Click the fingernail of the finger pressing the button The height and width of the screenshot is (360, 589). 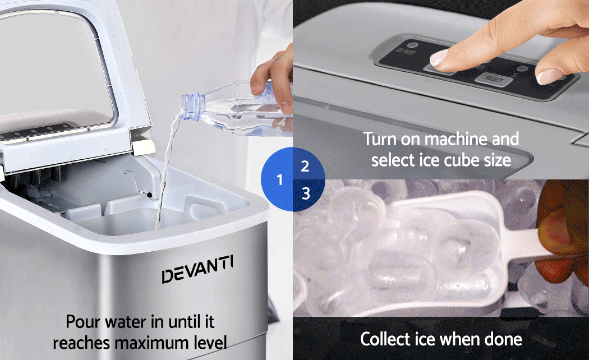click(439, 58)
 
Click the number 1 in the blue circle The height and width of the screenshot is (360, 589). click(279, 180)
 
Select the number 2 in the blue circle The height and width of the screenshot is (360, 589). click(305, 166)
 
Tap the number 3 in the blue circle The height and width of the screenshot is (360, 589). click(305, 193)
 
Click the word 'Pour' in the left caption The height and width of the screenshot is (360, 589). click(82, 322)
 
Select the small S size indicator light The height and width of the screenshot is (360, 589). click(521, 70)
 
